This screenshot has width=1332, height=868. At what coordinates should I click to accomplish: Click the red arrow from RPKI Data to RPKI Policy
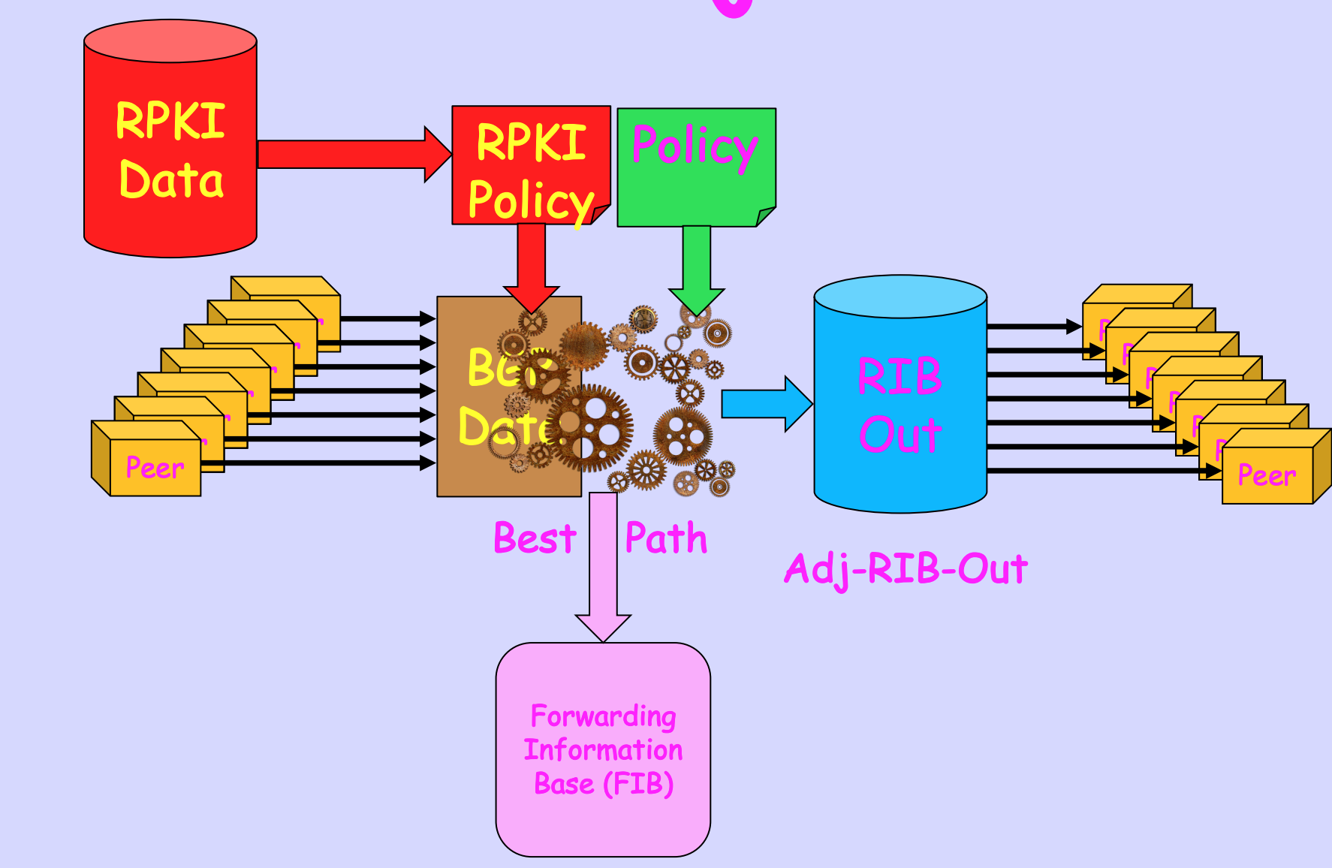coord(353,154)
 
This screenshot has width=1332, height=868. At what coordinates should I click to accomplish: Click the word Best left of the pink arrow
coord(535,538)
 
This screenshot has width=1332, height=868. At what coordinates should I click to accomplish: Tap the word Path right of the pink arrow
coord(666,538)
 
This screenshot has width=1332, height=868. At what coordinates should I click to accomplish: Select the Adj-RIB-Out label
coord(906,569)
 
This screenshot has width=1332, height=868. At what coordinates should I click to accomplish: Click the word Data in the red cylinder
coord(171,180)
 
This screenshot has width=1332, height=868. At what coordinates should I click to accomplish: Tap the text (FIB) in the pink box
coord(638,784)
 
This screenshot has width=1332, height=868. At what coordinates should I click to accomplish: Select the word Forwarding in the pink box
coord(603,716)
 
